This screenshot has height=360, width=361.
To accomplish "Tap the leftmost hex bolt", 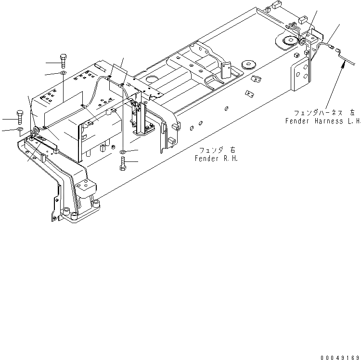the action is pos(20,117).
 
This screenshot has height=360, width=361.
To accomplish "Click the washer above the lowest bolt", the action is pos(123,152).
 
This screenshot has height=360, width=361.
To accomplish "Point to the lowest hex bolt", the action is pos(122,165).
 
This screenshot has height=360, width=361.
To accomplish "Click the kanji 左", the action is pos(352,112).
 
